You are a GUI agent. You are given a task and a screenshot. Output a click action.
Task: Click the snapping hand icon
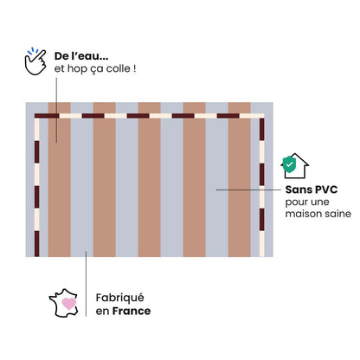tap(35, 61)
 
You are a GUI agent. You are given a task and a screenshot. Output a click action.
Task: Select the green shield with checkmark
tap(289, 165)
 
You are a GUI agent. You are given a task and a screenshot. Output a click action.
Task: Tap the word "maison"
tap(301, 214)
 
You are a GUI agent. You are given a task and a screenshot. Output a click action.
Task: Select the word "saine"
tap(336, 214)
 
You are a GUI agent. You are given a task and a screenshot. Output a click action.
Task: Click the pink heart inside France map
tap(69, 304)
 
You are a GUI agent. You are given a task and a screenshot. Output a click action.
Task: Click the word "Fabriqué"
tap(119, 298)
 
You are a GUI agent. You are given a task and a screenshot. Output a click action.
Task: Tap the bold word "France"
tap(132, 311)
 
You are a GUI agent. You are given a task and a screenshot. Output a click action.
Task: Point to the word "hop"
tap(76, 69)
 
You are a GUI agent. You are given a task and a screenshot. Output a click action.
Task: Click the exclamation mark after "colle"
tap(134, 68)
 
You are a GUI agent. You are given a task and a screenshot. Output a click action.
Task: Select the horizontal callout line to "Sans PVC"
tap(248, 190)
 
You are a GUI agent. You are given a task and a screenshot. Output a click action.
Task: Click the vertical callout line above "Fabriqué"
tap(86, 284)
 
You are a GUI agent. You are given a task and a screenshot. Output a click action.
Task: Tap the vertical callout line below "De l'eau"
tap(56, 110)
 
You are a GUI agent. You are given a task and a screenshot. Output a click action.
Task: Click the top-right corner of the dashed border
tap(261, 116)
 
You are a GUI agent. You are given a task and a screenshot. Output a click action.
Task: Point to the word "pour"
tap(296, 202)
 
